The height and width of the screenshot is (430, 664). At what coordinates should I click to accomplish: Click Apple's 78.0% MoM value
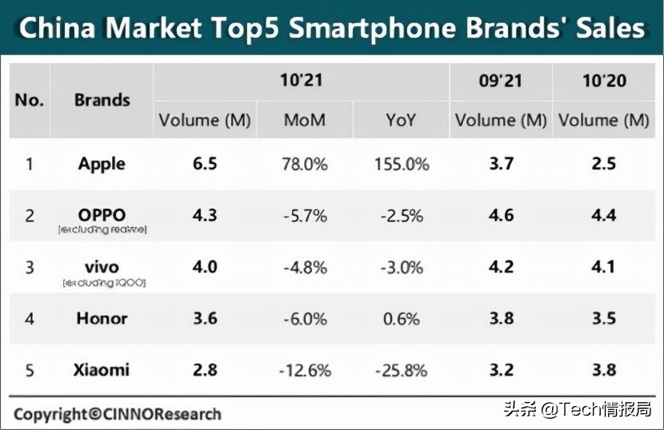(x=305, y=165)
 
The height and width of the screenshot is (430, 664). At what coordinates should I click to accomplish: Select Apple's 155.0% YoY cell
(x=401, y=165)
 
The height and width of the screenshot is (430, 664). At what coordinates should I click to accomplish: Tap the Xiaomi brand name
(x=102, y=369)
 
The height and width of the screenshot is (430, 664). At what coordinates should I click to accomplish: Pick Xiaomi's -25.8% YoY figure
(x=401, y=369)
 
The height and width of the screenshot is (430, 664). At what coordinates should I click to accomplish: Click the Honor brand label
(x=102, y=318)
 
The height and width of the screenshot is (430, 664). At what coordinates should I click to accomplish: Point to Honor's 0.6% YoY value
(x=401, y=318)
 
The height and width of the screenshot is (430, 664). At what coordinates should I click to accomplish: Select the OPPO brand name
(x=102, y=215)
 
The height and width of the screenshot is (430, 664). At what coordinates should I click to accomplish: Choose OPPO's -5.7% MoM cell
(x=305, y=216)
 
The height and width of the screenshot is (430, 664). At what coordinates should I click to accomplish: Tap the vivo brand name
(x=102, y=266)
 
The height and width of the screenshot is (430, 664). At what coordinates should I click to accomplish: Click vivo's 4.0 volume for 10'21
(x=205, y=266)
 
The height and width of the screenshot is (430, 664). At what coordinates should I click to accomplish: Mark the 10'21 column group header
(x=301, y=81)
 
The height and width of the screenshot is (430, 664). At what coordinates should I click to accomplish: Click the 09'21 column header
(x=501, y=81)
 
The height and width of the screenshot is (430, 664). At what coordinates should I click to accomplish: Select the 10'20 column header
(x=604, y=81)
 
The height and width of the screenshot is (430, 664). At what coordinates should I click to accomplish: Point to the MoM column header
(x=305, y=121)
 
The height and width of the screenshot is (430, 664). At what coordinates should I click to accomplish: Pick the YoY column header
(x=401, y=121)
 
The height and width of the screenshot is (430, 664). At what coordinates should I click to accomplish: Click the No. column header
(x=30, y=101)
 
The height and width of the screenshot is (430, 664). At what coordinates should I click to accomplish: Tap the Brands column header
(x=102, y=101)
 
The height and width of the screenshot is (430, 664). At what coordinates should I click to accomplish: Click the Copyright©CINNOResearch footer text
(x=118, y=414)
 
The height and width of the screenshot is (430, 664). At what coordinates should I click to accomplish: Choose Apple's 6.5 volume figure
(x=205, y=165)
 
